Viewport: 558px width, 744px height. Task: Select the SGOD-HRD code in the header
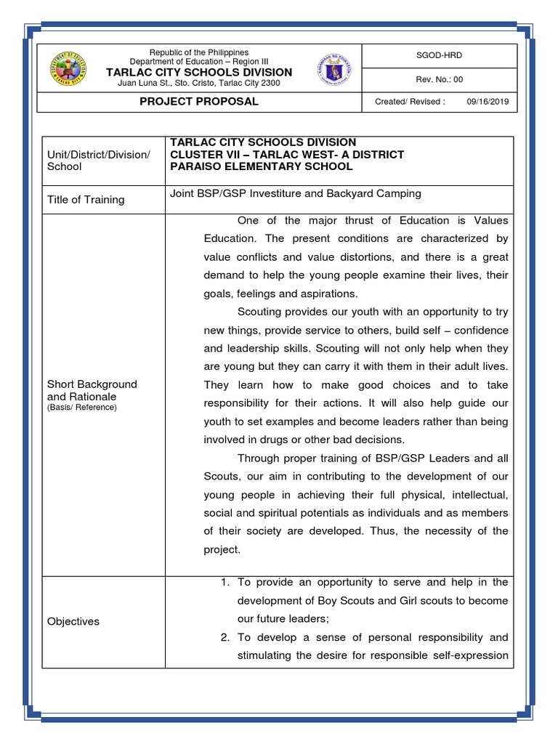(439, 55)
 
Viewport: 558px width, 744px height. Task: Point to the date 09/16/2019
(490, 102)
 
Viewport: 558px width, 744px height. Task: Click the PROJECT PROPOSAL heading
(199, 102)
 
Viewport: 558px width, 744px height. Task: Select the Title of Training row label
(86, 200)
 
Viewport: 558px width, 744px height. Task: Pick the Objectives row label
(73, 621)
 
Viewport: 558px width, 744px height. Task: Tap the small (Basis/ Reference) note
(81, 408)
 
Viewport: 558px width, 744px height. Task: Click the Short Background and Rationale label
(92, 390)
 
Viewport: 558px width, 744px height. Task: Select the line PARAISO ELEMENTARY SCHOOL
(261, 166)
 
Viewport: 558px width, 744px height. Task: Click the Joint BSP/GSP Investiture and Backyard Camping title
(295, 194)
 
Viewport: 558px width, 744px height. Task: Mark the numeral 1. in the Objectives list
(225, 583)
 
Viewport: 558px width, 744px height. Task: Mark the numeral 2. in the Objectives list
(225, 637)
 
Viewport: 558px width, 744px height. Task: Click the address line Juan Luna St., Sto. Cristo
(199, 83)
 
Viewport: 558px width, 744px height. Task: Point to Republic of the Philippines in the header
(199, 52)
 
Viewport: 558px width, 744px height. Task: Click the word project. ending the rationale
(222, 549)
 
